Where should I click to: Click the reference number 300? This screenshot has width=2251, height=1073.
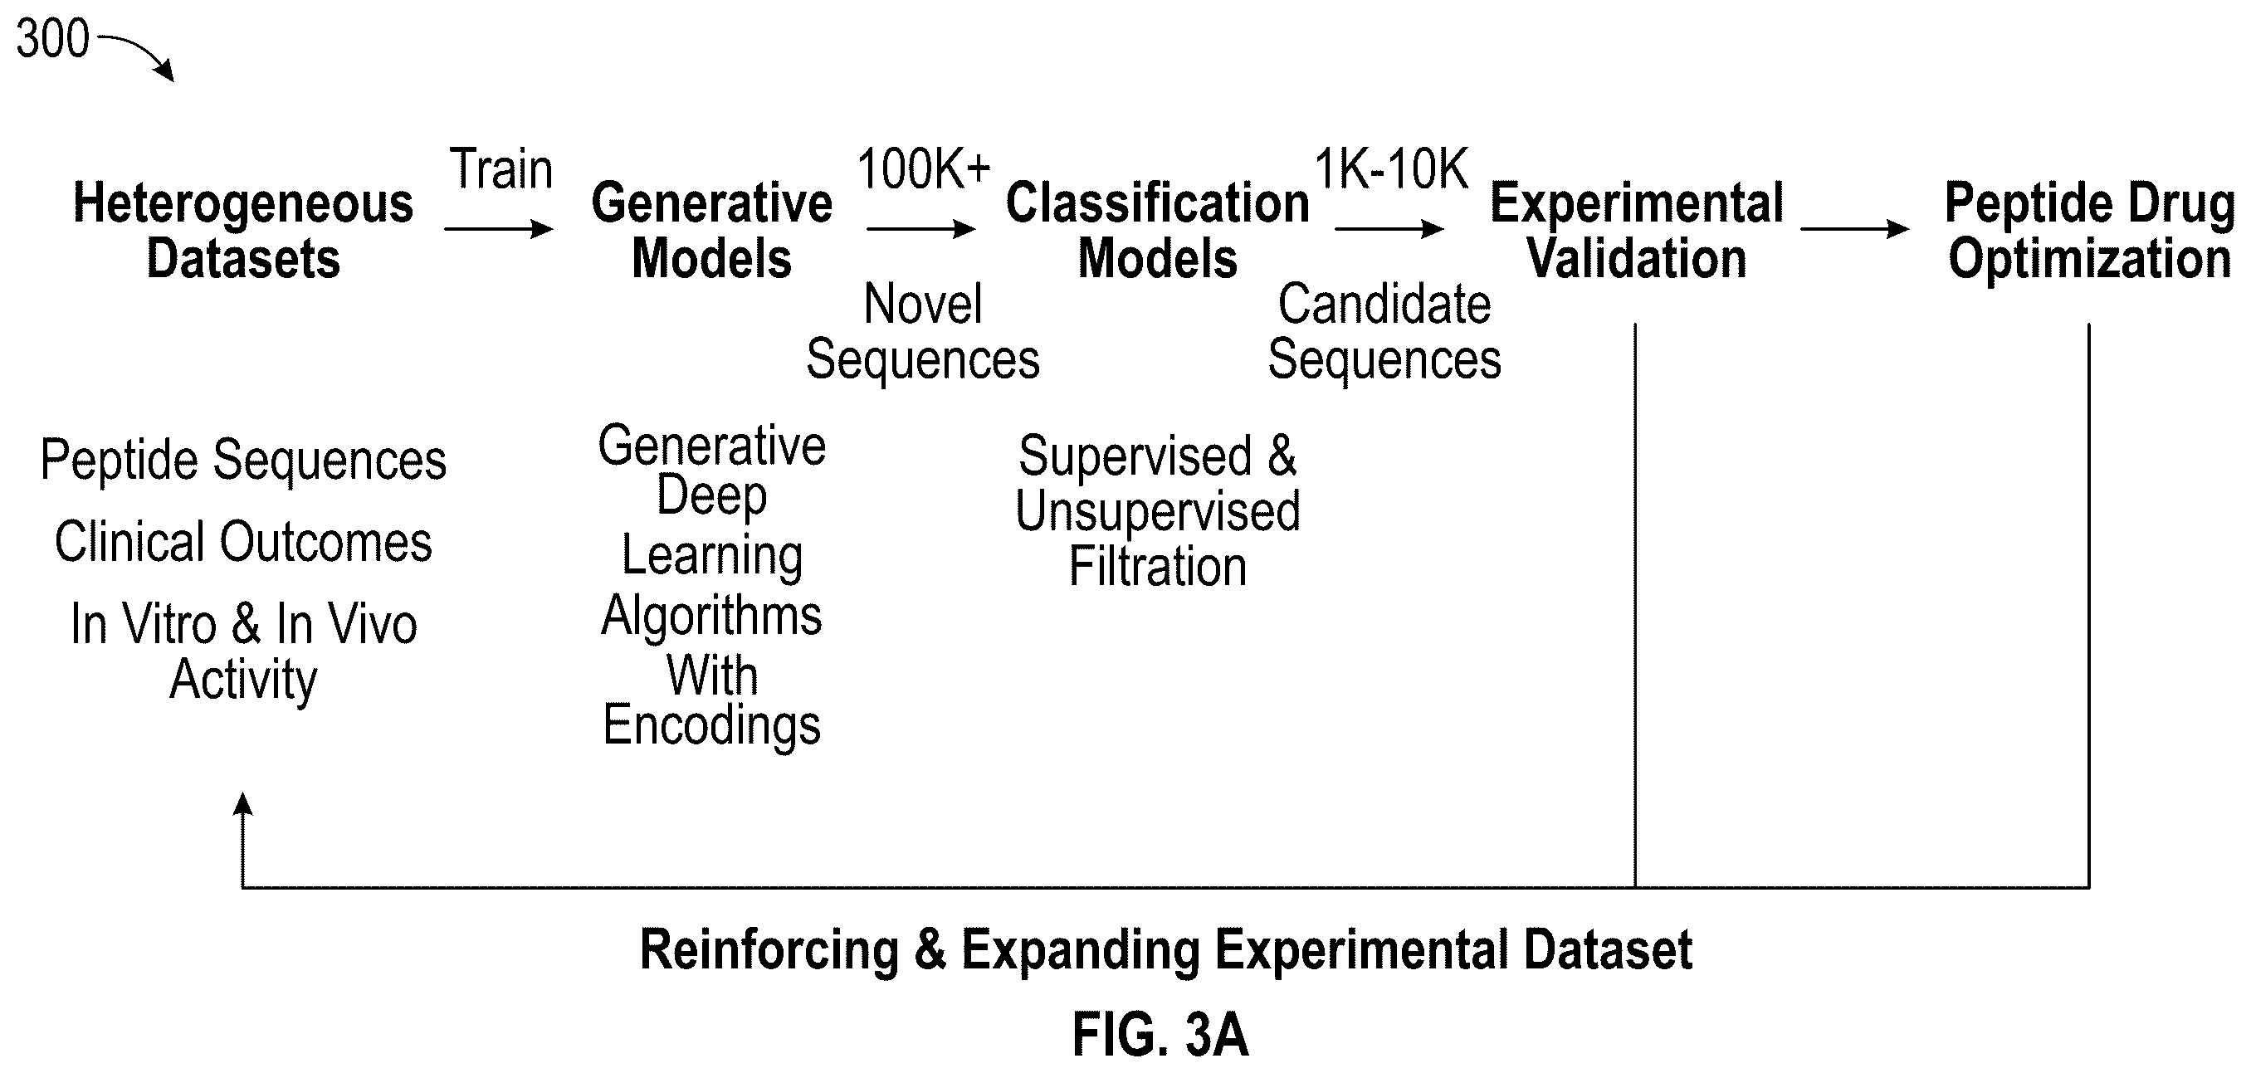(52, 39)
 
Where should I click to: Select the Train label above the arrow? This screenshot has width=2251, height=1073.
(500, 168)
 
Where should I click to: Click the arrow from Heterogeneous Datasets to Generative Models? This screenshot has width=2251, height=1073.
(499, 229)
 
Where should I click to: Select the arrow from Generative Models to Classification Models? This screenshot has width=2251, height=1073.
(921, 229)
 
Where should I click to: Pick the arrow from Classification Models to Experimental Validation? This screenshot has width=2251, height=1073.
(1389, 229)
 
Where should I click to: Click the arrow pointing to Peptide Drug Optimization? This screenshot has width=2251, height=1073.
(1854, 229)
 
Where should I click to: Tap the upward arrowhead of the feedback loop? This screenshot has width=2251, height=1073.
(243, 804)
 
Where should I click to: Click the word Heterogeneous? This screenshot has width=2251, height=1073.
(243, 203)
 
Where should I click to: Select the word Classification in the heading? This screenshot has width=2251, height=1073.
(1158, 203)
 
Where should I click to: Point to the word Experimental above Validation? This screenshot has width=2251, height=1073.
(1637, 204)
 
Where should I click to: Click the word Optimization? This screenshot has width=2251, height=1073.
(2090, 260)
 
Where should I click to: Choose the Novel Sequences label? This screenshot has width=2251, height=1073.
(923, 331)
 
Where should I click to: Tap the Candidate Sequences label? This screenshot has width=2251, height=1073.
(1384, 331)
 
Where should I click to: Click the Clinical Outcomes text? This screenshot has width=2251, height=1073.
(243, 542)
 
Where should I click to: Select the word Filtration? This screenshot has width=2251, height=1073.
(1158, 566)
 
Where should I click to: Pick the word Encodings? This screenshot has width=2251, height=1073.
(712, 725)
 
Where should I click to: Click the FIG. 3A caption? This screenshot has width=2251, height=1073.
(1160, 1035)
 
